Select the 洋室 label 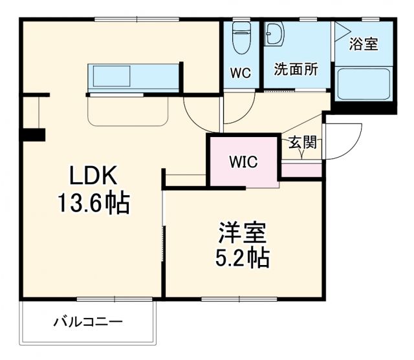[242, 231]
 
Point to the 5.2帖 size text [242, 258]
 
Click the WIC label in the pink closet [243, 162]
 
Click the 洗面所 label [296, 70]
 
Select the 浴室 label [364, 45]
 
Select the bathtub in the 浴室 [364, 83]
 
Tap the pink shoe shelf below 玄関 [302, 169]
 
